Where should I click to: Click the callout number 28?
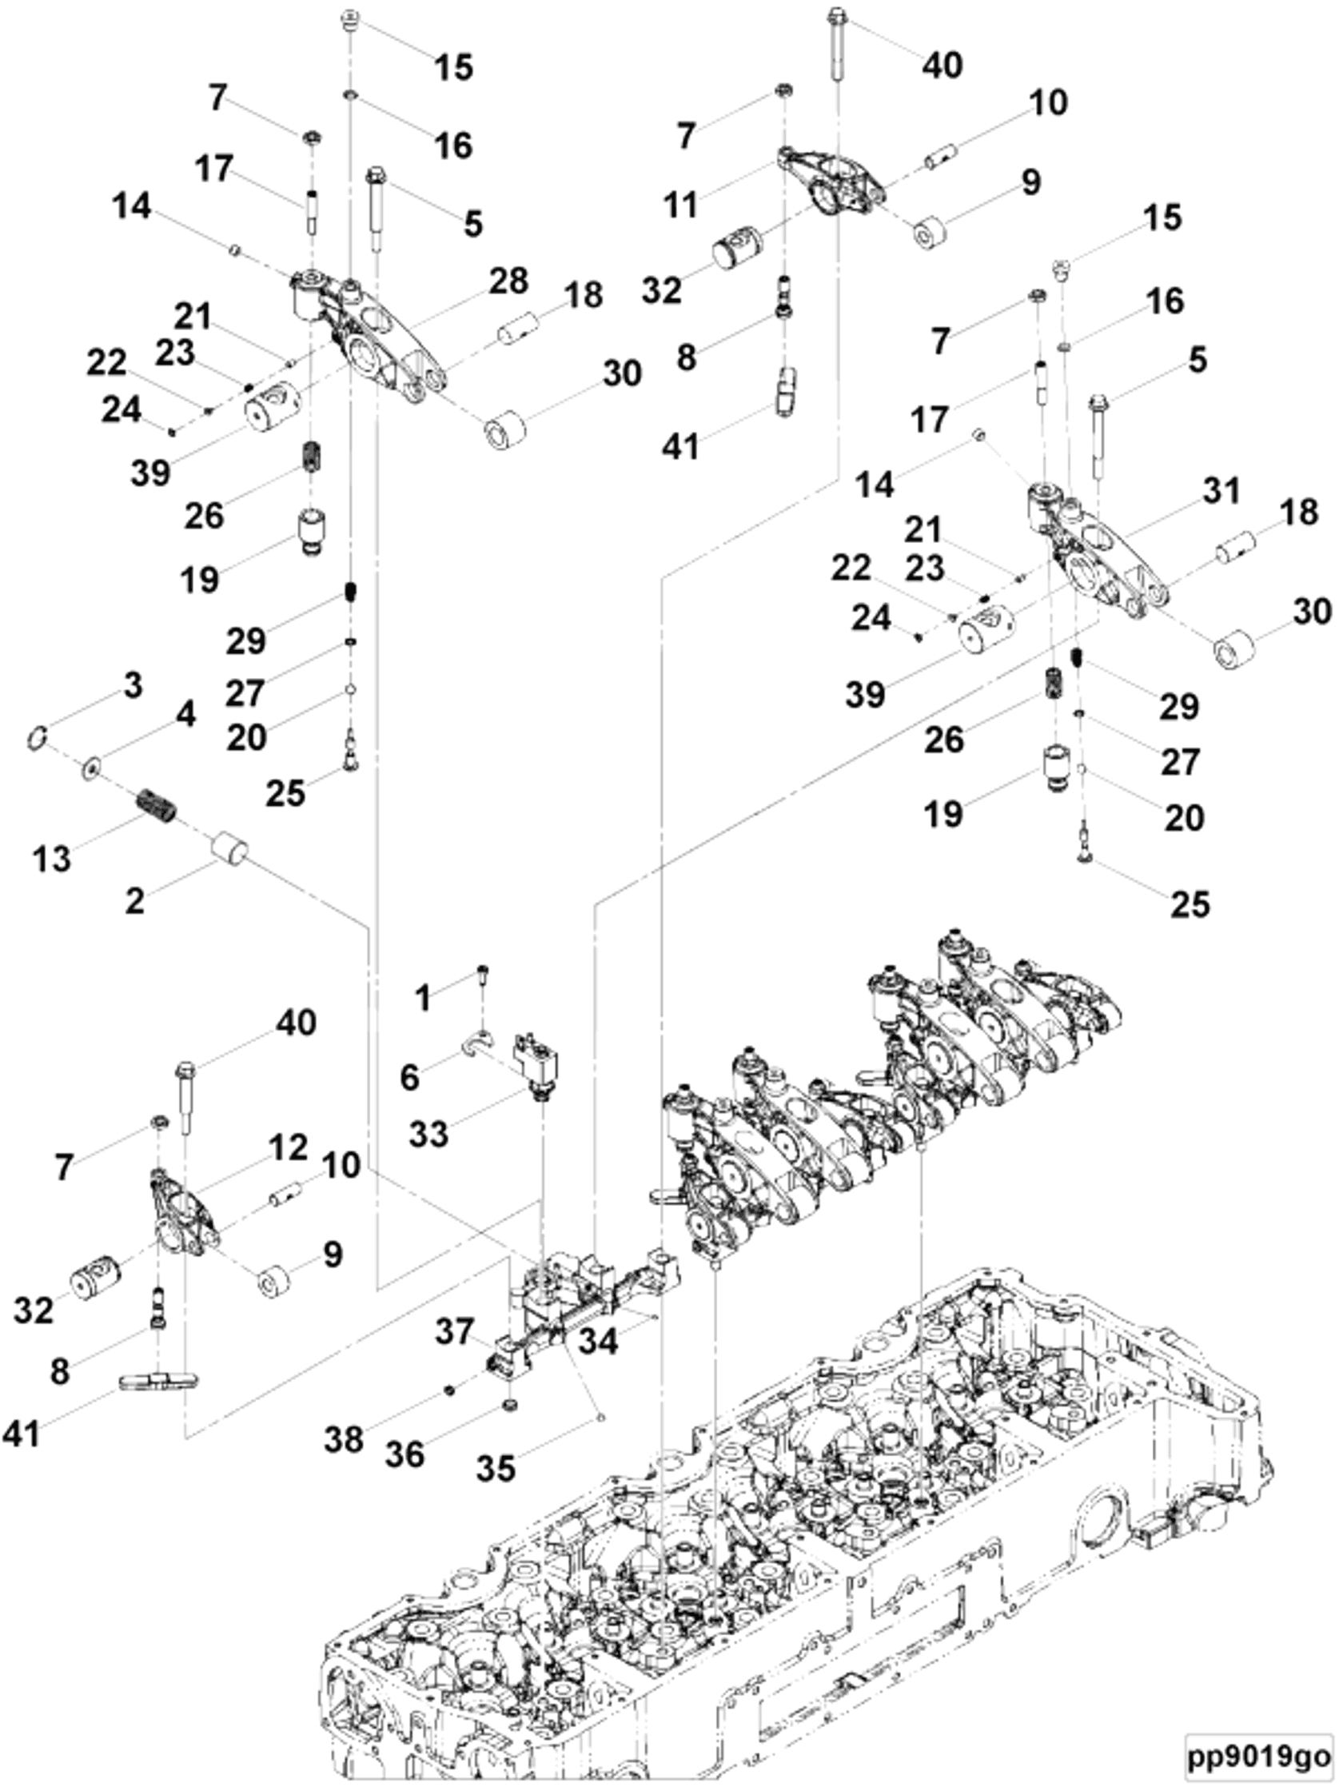(508, 281)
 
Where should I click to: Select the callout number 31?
(1220, 491)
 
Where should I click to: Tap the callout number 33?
(428, 1134)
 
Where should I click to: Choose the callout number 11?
(680, 205)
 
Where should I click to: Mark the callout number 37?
(454, 1330)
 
